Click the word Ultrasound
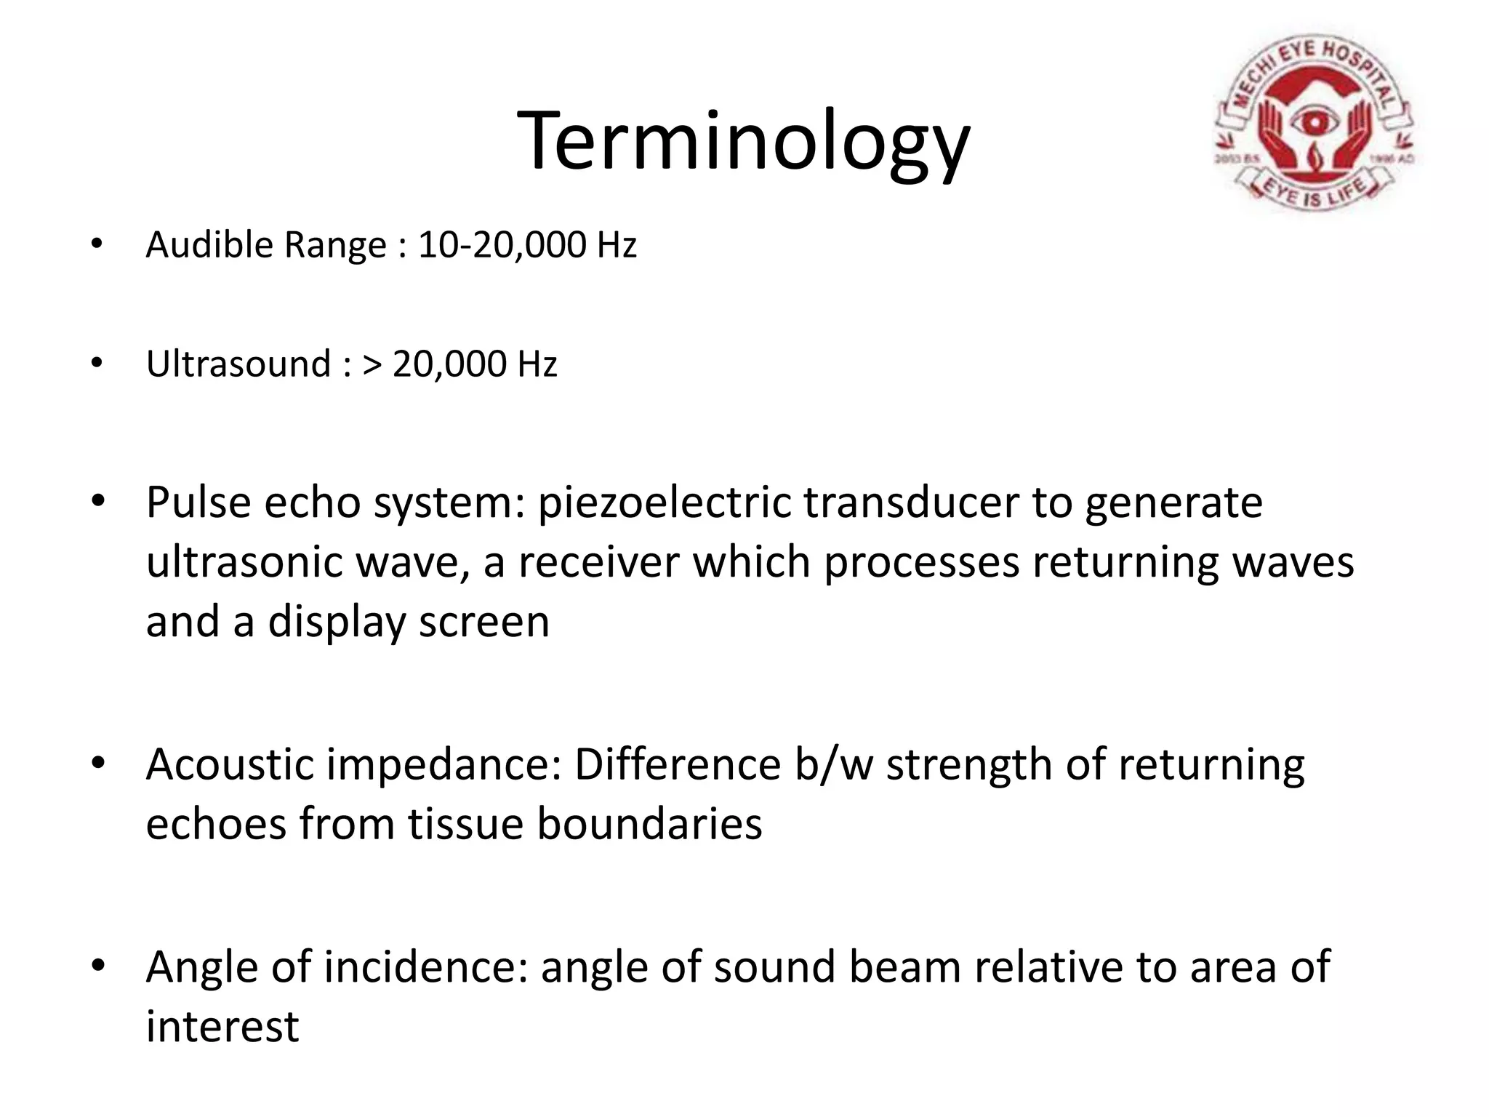[x=238, y=364]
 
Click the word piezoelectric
[x=664, y=503]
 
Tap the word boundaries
[x=649, y=825]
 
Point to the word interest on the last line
[x=222, y=1027]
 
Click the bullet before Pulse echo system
[x=97, y=502]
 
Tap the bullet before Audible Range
[x=97, y=245]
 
